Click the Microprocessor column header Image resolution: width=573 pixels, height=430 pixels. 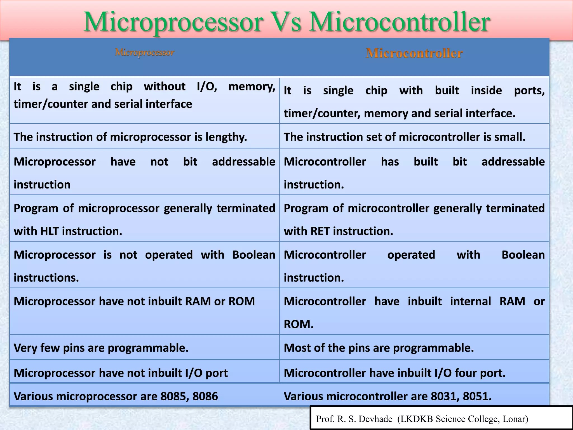point(145,52)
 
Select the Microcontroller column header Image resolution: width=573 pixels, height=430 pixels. point(414,53)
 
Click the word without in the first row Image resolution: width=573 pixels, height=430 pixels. point(165,87)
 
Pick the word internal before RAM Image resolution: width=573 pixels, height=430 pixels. point(470,302)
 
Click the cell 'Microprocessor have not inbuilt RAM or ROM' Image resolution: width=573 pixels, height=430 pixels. point(134,302)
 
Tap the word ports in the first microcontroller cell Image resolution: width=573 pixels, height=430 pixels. point(529,91)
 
